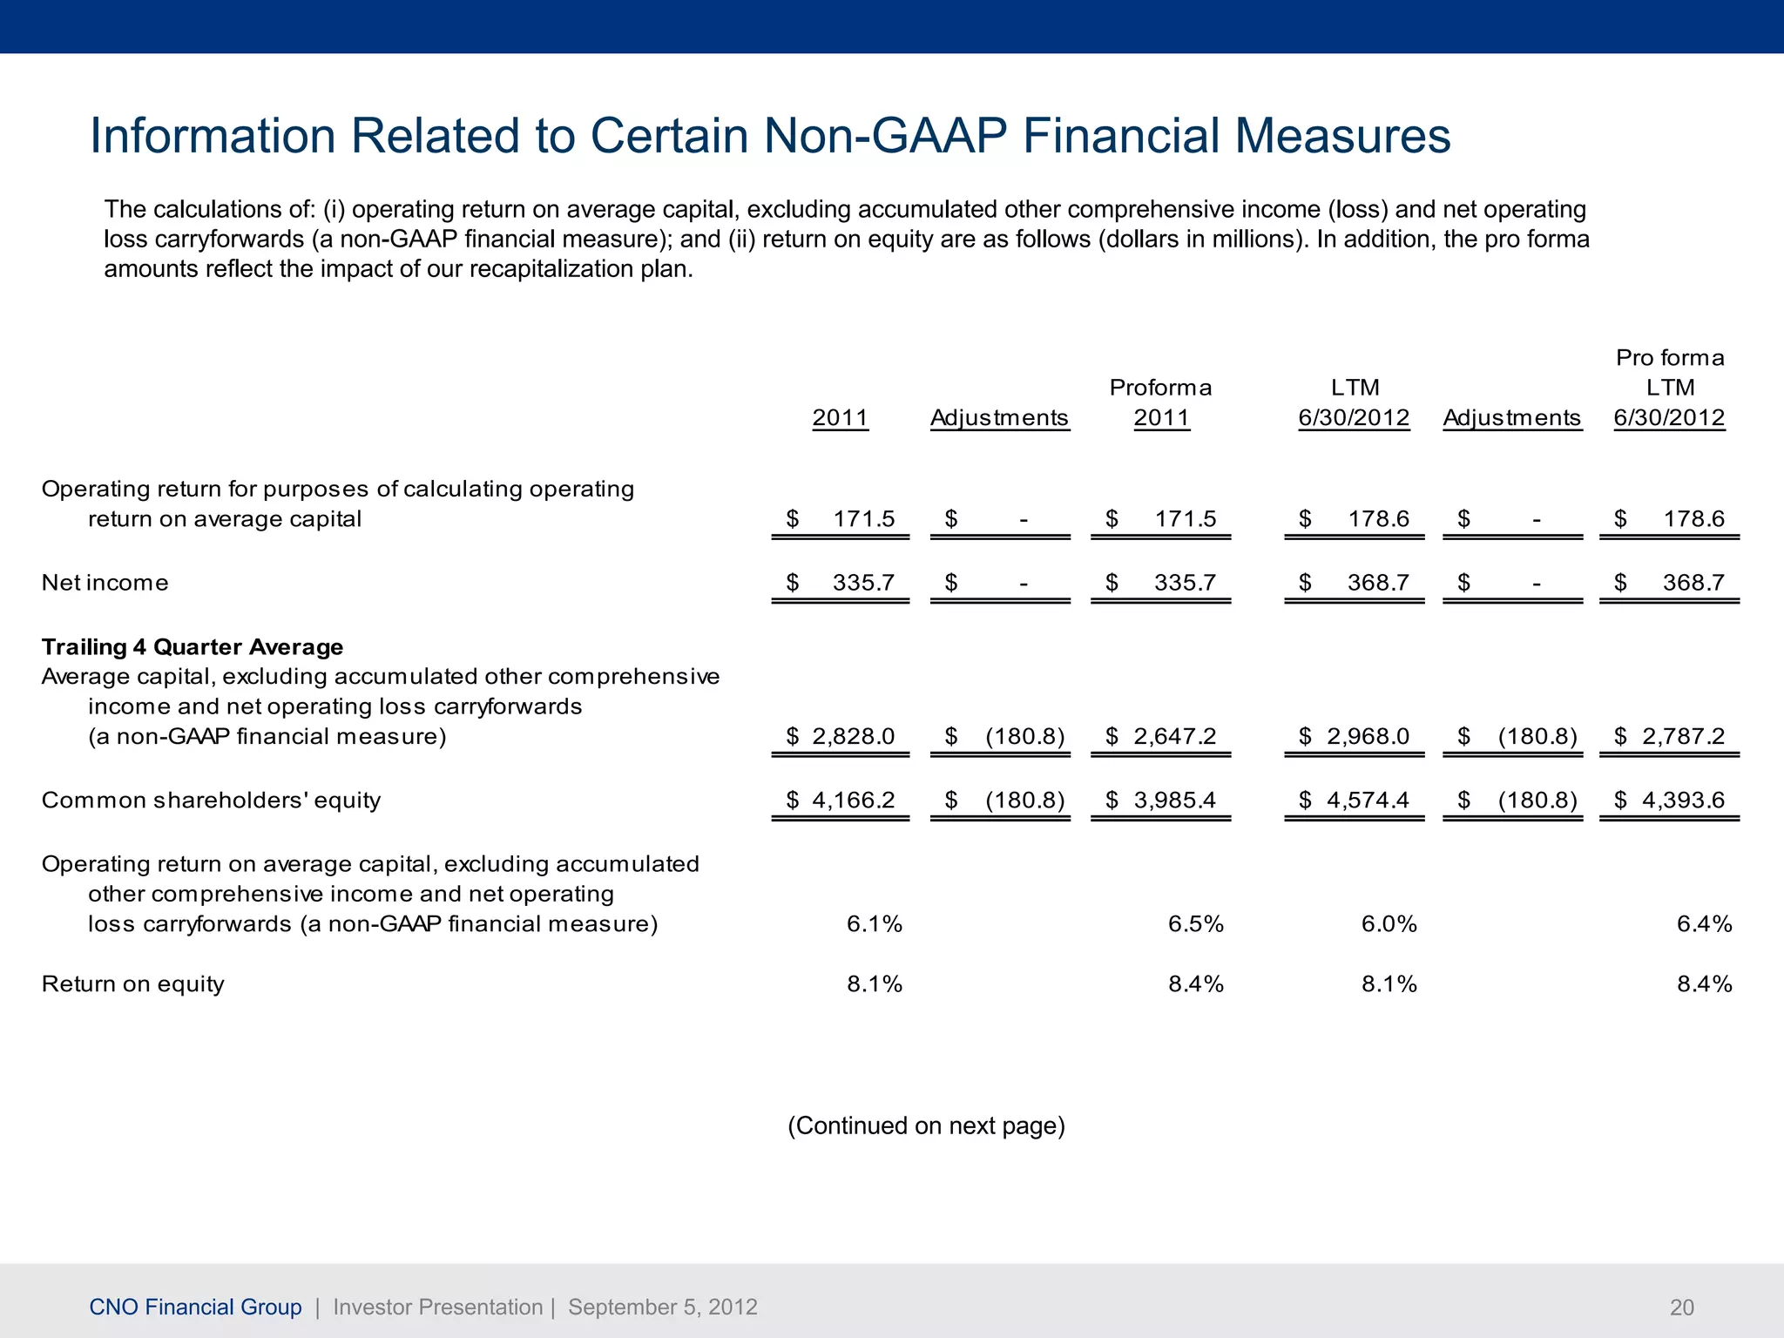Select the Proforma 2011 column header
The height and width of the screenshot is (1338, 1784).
tap(1160, 402)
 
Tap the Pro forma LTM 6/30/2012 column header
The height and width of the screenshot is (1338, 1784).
tap(1669, 388)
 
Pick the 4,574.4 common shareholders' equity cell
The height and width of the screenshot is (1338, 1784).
tap(1367, 801)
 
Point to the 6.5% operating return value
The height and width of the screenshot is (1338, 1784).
tap(1195, 924)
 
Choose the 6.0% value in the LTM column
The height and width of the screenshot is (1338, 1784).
tap(1389, 924)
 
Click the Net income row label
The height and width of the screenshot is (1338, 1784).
tap(105, 583)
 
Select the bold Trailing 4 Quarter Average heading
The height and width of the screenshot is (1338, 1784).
tap(193, 647)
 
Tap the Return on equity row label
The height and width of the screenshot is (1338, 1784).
tap(133, 984)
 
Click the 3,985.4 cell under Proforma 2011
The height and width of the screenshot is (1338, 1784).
tap(1173, 801)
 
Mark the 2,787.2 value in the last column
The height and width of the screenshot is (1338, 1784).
tap(1682, 737)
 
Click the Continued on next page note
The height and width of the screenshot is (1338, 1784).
tap(926, 1126)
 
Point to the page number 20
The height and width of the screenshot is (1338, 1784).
tap(1681, 1308)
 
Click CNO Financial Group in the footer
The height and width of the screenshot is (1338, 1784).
tap(196, 1308)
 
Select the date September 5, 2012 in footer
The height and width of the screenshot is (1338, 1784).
tap(662, 1308)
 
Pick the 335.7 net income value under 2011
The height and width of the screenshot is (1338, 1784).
tap(862, 583)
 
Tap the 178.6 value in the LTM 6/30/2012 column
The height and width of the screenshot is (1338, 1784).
tap(1377, 519)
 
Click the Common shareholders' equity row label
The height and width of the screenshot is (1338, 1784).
tap(211, 801)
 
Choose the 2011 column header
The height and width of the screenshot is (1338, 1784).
tap(840, 418)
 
